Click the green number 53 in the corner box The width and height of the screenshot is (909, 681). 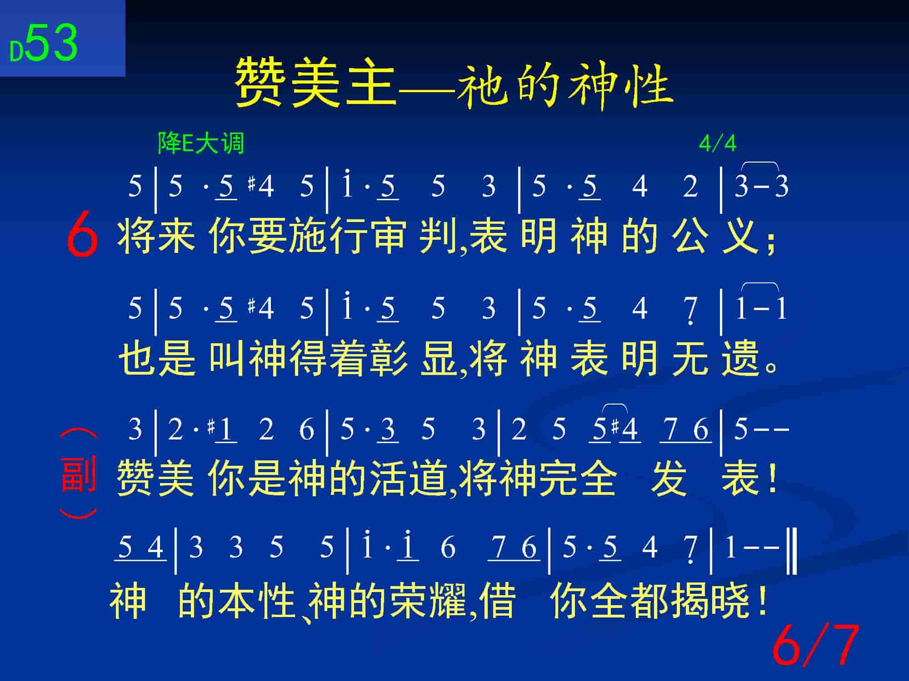pyautogui.click(x=51, y=43)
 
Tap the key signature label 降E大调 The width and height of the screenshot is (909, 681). pyautogui.click(x=201, y=143)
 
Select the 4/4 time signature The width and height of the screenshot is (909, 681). pyautogui.click(x=717, y=143)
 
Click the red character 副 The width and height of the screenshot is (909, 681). pyautogui.click(x=78, y=474)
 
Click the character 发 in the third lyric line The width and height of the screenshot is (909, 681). pyautogui.click(x=669, y=478)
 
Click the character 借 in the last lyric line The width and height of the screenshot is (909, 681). pyautogui.click(x=499, y=601)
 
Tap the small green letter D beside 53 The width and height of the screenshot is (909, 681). pyautogui.click(x=16, y=51)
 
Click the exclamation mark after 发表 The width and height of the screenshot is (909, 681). pyautogui.click(x=771, y=478)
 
